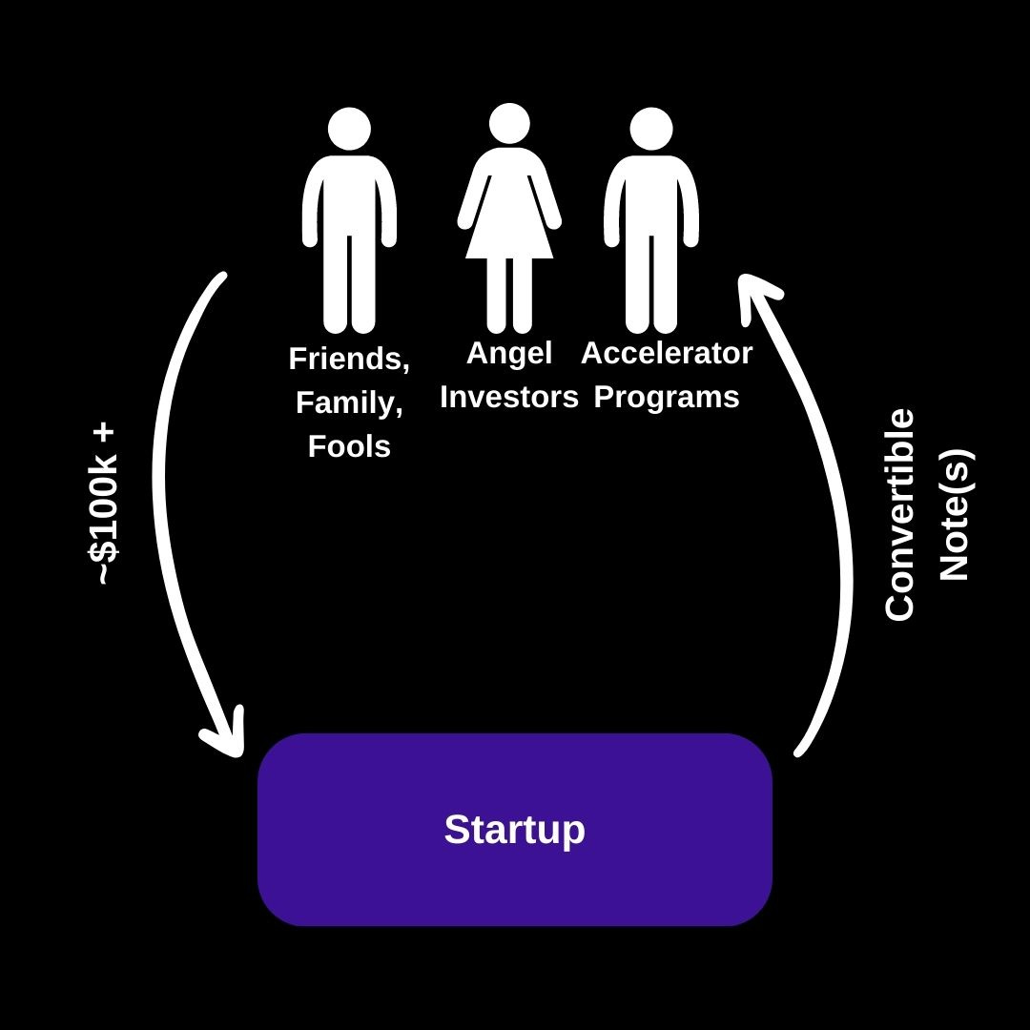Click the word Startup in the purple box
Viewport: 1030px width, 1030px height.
pyautogui.click(x=514, y=830)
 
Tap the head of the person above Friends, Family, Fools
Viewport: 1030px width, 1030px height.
pyautogui.click(x=349, y=129)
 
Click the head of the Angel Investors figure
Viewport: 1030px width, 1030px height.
pyautogui.click(x=509, y=124)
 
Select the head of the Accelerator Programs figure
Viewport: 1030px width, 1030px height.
pyautogui.click(x=651, y=129)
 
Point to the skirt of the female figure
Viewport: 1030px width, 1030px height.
pyautogui.click(x=509, y=229)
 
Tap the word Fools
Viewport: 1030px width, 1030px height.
pyautogui.click(x=349, y=446)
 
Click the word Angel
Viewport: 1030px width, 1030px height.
pyautogui.click(x=509, y=354)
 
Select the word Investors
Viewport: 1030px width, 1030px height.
pyautogui.click(x=509, y=397)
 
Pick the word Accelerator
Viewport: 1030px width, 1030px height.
pyautogui.click(x=667, y=353)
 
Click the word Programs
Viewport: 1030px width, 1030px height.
pyautogui.click(x=667, y=397)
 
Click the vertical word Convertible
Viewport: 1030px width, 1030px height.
pyautogui.click(x=900, y=515)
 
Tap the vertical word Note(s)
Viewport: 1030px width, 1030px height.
pyautogui.click(x=954, y=515)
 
